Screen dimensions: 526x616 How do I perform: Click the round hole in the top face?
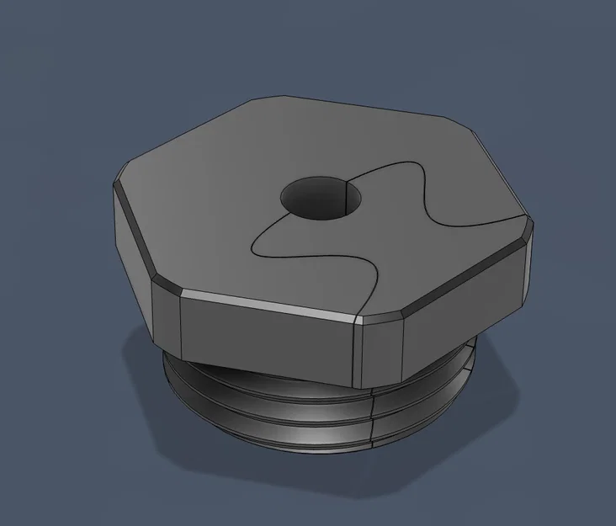322,199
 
